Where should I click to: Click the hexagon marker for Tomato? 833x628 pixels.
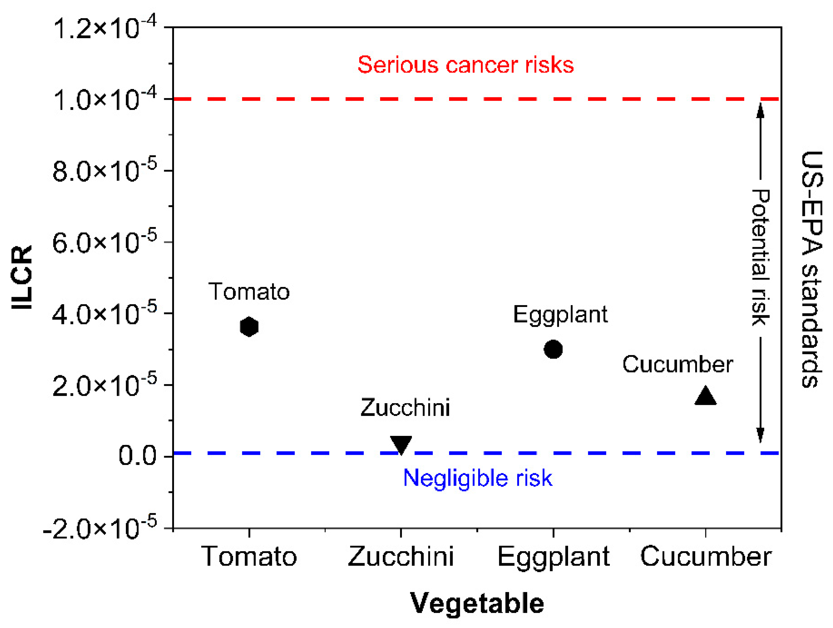pyautogui.click(x=249, y=327)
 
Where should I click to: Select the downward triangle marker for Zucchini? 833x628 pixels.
pyautogui.click(x=401, y=444)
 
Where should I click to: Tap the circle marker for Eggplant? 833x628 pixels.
pyautogui.click(x=553, y=349)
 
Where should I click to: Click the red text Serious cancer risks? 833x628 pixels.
pyautogui.click(x=466, y=65)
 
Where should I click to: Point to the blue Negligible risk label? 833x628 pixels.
pyautogui.click(x=477, y=478)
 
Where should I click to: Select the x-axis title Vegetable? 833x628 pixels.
pyautogui.click(x=477, y=603)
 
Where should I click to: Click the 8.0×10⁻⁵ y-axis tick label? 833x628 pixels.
pyautogui.click(x=105, y=172)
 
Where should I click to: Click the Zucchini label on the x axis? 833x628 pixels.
pyautogui.click(x=401, y=557)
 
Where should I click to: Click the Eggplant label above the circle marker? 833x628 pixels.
pyautogui.click(x=560, y=315)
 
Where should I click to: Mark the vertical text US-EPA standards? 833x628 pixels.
pyautogui.click(x=811, y=269)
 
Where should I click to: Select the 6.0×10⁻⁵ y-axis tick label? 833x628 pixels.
pyautogui.click(x=105, y=243)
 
